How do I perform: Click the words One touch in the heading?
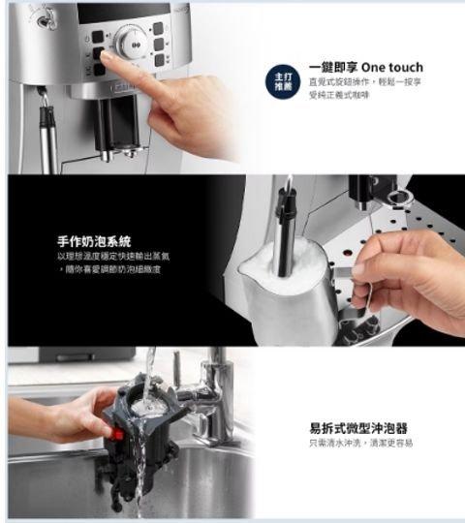(x=391, y=67)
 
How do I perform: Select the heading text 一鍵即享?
(x=333, y=67)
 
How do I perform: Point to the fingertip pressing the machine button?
(x=107, y=59)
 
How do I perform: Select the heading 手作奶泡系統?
(x=95, y=239)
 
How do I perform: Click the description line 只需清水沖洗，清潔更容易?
(x=359, y=443)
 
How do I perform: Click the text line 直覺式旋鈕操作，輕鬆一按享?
(x=364, y=82)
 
